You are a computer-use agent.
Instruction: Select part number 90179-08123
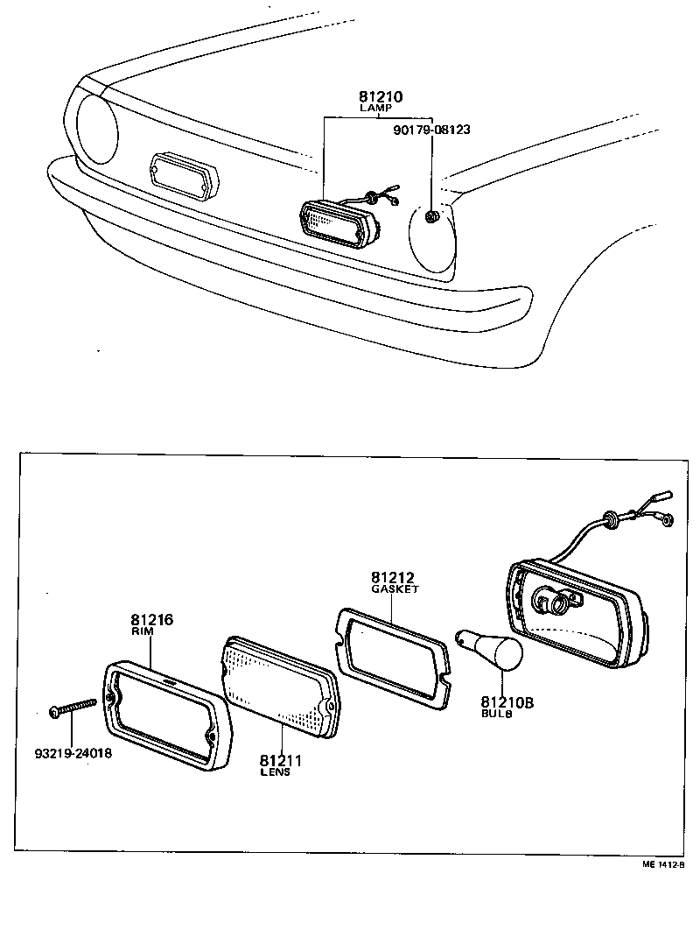point(432,129)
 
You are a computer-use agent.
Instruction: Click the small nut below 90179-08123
point(431,215)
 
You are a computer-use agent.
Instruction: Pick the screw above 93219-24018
point(74,706)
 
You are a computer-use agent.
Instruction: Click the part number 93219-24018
point(74,751)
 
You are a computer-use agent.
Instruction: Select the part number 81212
point(392,578)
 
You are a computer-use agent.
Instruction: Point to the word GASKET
point(395,589)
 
